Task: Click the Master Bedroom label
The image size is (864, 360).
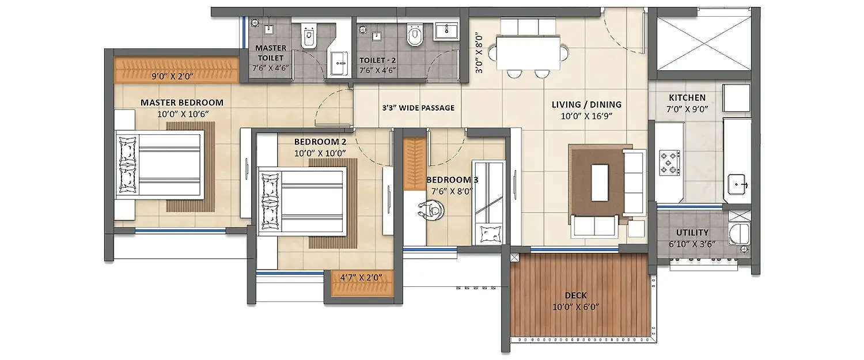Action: (181, 103)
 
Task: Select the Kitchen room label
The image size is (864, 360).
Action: (687, 98)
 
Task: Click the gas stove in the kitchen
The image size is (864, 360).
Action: (670, 162)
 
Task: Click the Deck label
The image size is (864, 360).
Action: (575, 295)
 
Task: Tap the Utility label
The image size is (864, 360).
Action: (692, 233)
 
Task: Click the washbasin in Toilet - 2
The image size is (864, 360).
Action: (446, 30)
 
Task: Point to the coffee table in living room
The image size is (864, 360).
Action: (600, 183)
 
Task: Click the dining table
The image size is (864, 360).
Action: (528, 53)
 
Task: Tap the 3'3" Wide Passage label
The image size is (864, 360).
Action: (418, 108)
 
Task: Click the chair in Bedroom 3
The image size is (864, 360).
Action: (431, 210)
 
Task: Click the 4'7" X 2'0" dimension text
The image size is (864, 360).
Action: (361, 278)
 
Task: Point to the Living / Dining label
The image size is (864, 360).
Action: (586, 105)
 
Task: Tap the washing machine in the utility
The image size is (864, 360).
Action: (739, 234)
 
